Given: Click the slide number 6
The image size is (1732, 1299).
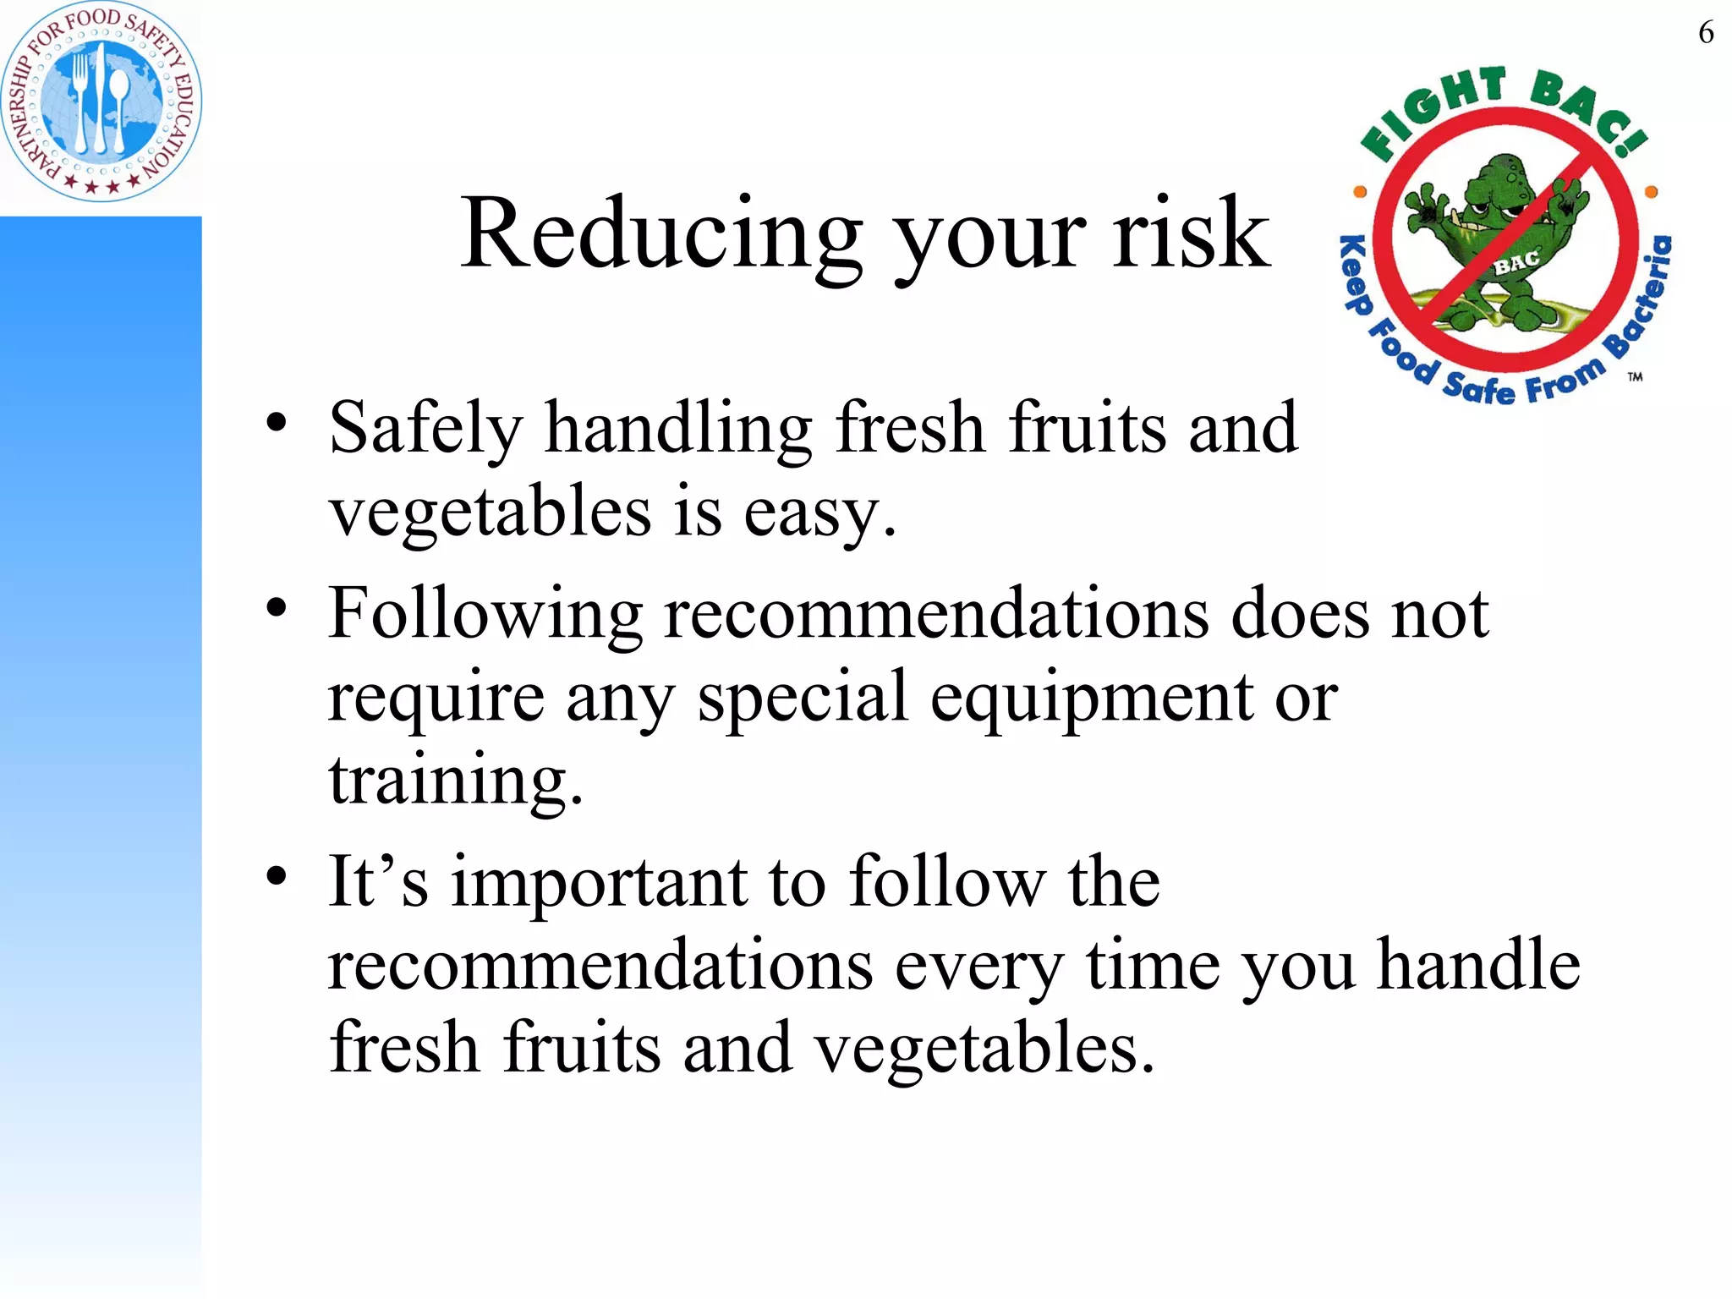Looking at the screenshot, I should [x=1706, y=33].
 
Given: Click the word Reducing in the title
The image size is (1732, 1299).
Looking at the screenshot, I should [x=660, y=233].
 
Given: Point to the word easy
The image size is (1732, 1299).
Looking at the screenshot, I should [x=819, y=512].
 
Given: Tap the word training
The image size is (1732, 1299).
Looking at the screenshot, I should [x=455, y=780].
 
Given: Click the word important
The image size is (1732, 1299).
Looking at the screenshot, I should [x=600, y=882].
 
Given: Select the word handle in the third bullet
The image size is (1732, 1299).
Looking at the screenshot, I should [x=1478, y=965].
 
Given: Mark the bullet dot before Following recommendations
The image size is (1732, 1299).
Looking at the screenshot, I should [x=277, y=607].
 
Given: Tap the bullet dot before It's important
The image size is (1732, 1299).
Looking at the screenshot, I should [x=277, y=875].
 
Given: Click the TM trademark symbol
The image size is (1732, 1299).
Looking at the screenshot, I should [x=1635, y=376].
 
